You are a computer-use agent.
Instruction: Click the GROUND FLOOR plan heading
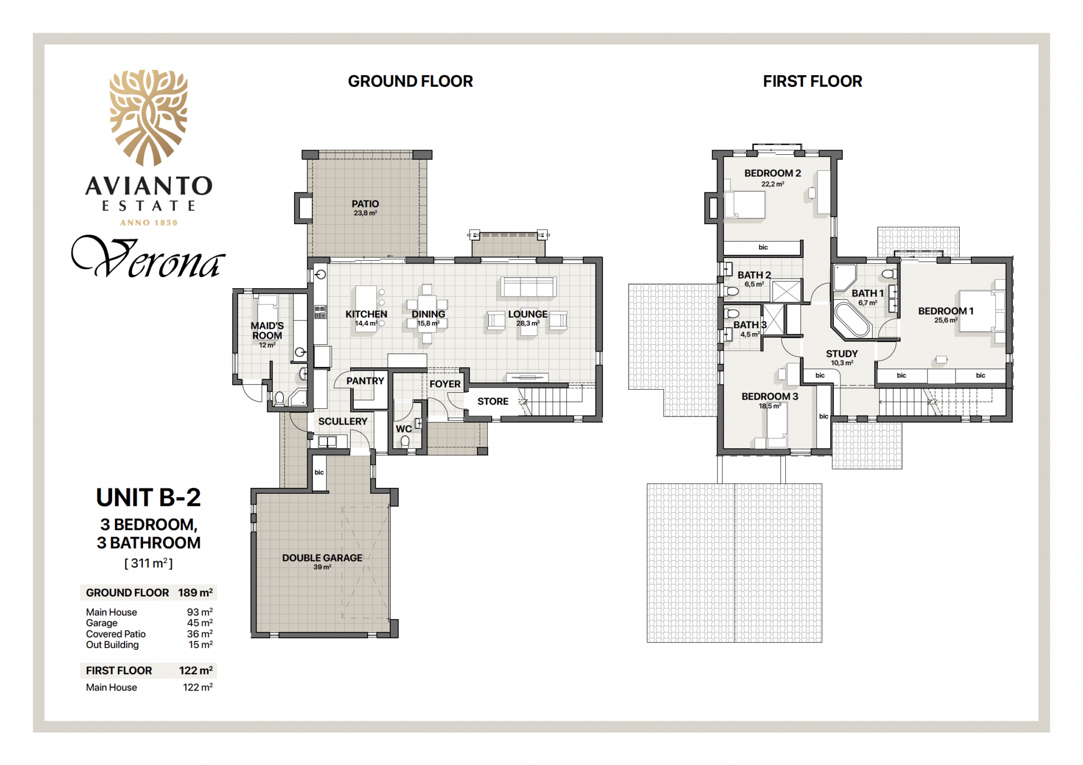click(x=410, y=81)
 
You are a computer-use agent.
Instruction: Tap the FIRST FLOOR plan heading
click(x=812, y=81)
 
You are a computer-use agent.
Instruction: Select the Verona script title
click(x=148, y=257)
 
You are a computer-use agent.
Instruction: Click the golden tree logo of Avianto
click(x=149, y=118)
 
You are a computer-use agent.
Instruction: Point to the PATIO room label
click(x=365, y=204)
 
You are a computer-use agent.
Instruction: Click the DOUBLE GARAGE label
click(x=322, y=558)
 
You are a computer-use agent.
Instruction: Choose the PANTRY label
click(x=365, y=381)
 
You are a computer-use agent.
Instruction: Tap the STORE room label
click(x=493, y=401)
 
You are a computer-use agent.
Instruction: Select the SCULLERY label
click(x=343, y=421)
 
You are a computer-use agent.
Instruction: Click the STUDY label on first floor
click(x=842, y=354)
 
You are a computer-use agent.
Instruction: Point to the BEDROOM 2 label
click(x=773, y=173)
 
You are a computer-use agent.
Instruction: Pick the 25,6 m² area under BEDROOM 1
click(x=946, y=320)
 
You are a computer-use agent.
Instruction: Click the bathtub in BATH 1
click(x=851, y=319)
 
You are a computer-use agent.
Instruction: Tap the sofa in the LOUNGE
click(x=528, y=287)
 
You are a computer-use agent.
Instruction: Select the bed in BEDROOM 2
click(x=745, y=205)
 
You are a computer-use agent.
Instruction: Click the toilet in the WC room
click(x=405, y=441)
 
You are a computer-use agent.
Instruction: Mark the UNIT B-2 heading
click(x=149, y=497)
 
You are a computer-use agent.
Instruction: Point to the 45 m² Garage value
click(x=200, y=623)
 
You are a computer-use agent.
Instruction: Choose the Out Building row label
click(x=112, y=644)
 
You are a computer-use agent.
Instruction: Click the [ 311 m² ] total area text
click(x=149, y=563)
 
